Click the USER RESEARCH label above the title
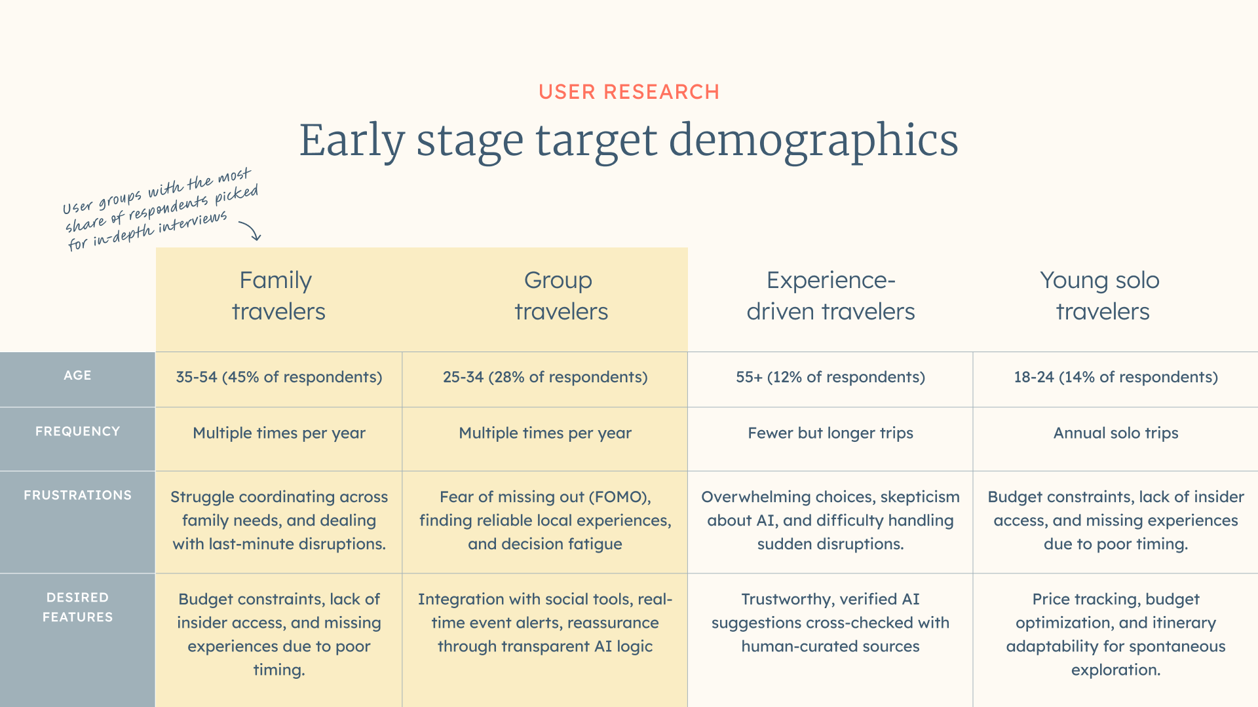pyautogui.click(x=629, y=92)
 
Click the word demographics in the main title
pyautogui.click(x=813, y=141)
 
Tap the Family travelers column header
pyautogui.click(x=278, y=296)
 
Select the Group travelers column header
pyautogui.click(x=561, y=296)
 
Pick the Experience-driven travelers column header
pyautogui.click(x=831, y=296)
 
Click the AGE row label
pyautogui.click(x=77, y=376)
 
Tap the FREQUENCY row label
pyautogui.click(x=77, y=431)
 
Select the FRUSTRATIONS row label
pyautogui.click(x=77, y=496)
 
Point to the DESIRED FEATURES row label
pyautogui.click(x=77, y=607)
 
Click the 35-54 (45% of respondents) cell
pyautogui.click(x=278, y=377)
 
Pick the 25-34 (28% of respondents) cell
pyautogui.click(x=545, y=377)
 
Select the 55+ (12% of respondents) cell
pyautogui.click(x=830, y=377)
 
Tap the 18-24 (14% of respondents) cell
pyautogui.click(x=1116, y=377)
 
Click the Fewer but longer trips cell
pyautogui.click(x=830, y=433)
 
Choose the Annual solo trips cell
pyautogui.click(x=1116, y=433)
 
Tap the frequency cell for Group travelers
pyautogui.click(x=545, y=433)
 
